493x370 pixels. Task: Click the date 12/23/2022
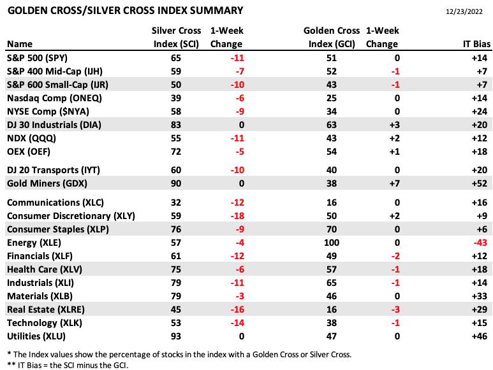[464, 11]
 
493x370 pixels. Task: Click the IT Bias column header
[476, 44]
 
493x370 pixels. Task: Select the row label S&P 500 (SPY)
[37, 58]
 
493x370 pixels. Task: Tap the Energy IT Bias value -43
[480, 243]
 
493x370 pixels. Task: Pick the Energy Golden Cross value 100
[332, 243]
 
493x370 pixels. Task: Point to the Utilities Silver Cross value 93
[176, 336]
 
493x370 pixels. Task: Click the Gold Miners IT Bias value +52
[480, 183]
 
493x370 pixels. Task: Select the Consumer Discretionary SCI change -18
[237, 216]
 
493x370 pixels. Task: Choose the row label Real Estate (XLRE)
[46, 310]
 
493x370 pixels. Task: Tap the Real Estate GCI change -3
[395, 310]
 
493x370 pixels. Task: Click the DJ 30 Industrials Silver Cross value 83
[176, 125]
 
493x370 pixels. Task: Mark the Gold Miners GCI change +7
[395, 183]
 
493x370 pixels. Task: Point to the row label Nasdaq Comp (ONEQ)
[54, 98]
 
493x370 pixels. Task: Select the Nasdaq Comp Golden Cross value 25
[332, 98]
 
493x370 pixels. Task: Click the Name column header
[20, 44]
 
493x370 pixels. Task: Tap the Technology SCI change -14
[237, 323]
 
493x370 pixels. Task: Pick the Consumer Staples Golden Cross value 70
[332, 229]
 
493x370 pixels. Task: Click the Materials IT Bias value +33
[480, 296]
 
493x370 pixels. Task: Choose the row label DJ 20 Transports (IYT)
[54, 170]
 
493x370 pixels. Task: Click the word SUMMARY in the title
[214, 11]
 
